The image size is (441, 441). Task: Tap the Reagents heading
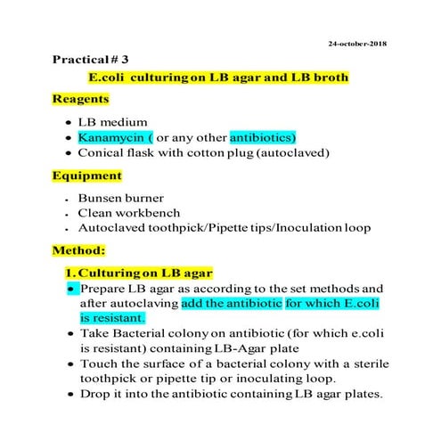[x=81, y=99]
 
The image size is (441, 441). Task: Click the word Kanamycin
[x=110, y=138]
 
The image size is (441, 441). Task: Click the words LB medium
[x=111, y=122]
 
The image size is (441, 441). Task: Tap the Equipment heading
[x=86, y=176]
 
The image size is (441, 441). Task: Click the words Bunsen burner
[x=121, y=198]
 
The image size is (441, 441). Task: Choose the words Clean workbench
[x=128, y=213]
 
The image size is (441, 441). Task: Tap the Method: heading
[x=78, y=250]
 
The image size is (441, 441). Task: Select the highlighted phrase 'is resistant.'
[x=112, y=316]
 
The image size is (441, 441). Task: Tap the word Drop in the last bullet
[x=94, y=394]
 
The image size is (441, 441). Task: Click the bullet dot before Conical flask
[x=69, y=153]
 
